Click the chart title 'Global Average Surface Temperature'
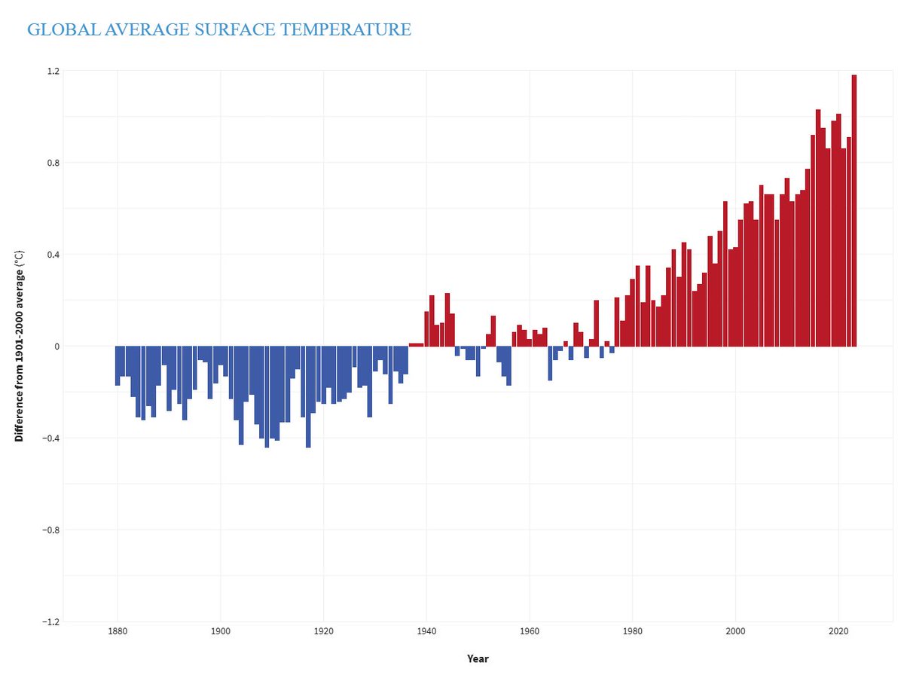(218, 30)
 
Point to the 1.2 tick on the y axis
(52, 71)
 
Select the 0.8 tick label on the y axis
(52, 163)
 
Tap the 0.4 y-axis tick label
(52, 255)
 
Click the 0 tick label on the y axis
(56, 347)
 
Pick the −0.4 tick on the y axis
(50, 438)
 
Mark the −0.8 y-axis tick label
(50, 530)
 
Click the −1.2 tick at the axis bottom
(50, 622)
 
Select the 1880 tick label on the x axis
(117, 631)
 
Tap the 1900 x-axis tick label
(220, 631)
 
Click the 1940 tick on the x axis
(426, 631)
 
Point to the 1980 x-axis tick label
(633, 631)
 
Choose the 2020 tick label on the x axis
(838, 631)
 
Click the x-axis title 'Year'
(478, 658)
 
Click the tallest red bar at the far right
(854, 211)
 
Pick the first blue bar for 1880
(118, 365)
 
